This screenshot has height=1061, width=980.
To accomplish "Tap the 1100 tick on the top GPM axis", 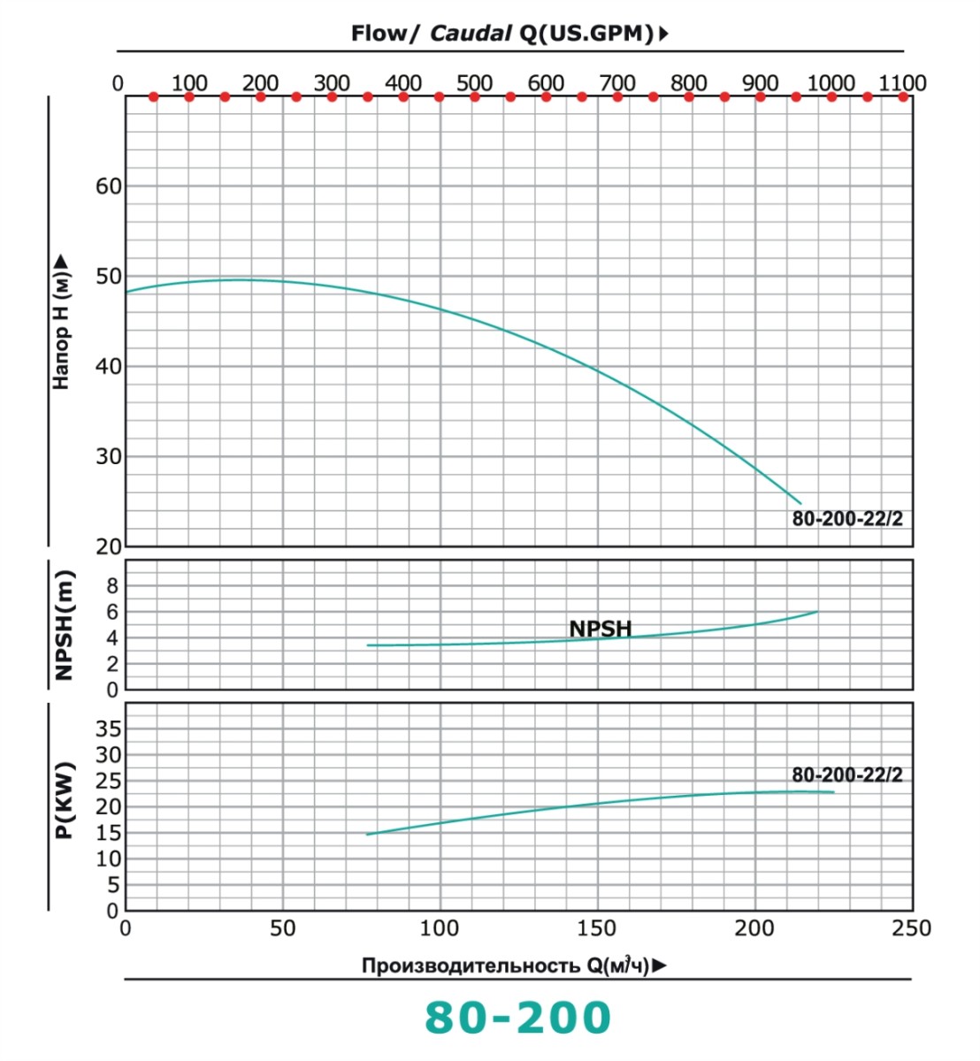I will point(902,83).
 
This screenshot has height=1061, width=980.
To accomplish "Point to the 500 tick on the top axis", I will point(474,83).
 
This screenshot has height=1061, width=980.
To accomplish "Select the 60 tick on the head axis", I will point(109,187).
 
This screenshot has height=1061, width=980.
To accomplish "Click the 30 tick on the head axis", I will point(109,457).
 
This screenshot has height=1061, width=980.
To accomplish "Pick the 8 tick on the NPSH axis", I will point(112,585).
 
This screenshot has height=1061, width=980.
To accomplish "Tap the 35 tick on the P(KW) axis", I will point(109,729).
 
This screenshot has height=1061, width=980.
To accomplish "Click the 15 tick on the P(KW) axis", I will point(109,833).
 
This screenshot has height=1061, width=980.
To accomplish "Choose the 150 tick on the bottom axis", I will point(597,928).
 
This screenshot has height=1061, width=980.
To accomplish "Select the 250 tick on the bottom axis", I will point(912,928).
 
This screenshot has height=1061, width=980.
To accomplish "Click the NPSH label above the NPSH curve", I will point(601,629).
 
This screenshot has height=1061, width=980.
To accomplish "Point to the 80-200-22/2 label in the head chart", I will point(847,519).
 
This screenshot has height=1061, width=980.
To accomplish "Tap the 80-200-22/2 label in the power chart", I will point(847,775).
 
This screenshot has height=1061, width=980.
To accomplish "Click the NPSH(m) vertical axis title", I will point(64,624).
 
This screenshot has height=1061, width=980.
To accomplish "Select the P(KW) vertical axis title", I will point(64,800).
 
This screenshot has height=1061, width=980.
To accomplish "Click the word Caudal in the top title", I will point(471,34).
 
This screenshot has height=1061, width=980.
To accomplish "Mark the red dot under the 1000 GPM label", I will point(831,96).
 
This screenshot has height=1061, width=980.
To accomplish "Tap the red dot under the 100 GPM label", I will point(189,96).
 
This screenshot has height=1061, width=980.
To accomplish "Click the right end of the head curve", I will point(800,502).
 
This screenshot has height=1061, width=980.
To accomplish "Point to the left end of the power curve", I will point(368,834).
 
